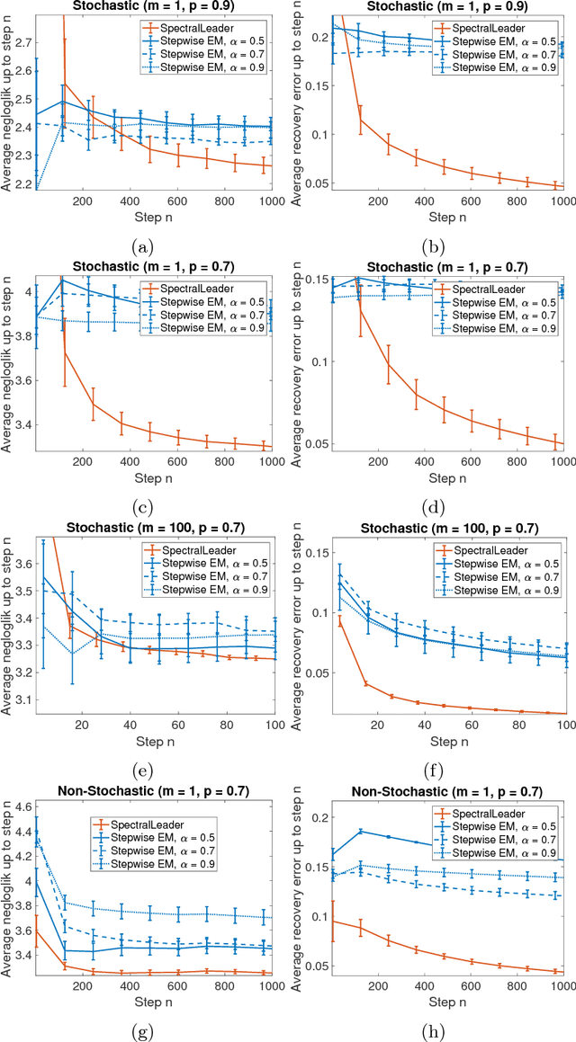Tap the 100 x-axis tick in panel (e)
271,724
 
